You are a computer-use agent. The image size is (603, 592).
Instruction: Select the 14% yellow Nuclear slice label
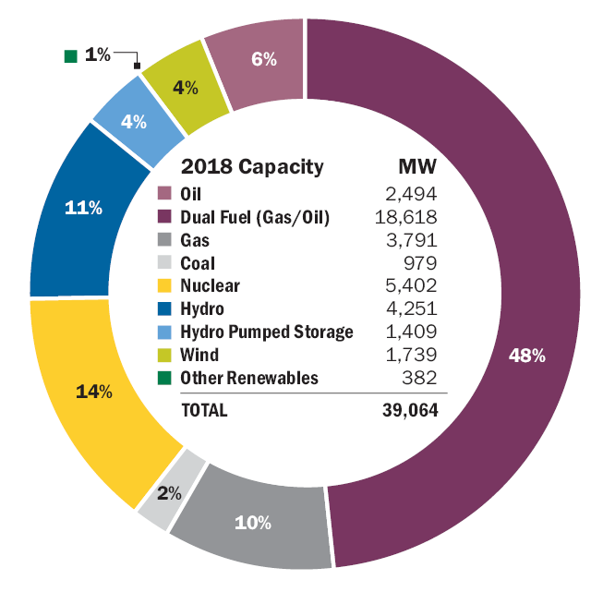pyautogui.click(x=94, y=392)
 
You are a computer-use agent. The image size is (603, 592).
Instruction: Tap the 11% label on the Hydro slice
pyautogui.click(x=83, y=208)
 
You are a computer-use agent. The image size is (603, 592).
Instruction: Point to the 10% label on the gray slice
pyautogui.click(x=252, y=523)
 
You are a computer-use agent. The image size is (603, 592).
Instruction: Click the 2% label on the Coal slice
pyautogui.click(x=169, y=493)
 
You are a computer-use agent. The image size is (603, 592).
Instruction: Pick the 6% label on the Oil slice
pyautogui.click(x=264, y=59)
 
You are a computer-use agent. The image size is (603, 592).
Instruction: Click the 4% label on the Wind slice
pyautogui.click(x=186, y=89)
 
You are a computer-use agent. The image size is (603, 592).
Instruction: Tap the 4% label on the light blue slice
pyautogui.click(x=134, y=122)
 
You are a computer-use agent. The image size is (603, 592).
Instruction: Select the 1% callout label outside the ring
pyautogui.click(x=97, y=54)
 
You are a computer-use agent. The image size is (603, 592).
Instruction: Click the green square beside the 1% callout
pyautogui.click(x=70, y=55)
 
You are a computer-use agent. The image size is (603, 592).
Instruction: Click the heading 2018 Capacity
pyautogui.click(x=252, y=167)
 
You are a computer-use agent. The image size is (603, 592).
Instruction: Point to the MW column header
pyautogui.click(x=416, y=167)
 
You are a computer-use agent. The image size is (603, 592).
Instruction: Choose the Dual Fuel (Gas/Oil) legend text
pyautogui.click(x=255, y=217)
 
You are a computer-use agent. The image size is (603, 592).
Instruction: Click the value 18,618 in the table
pyautogui.click(x=407, y=217)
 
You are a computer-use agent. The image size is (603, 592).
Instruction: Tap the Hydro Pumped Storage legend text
pyautogui.click(x=267, y=332)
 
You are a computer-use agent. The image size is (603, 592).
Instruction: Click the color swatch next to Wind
pyautogui.click(x=165, y=355)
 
